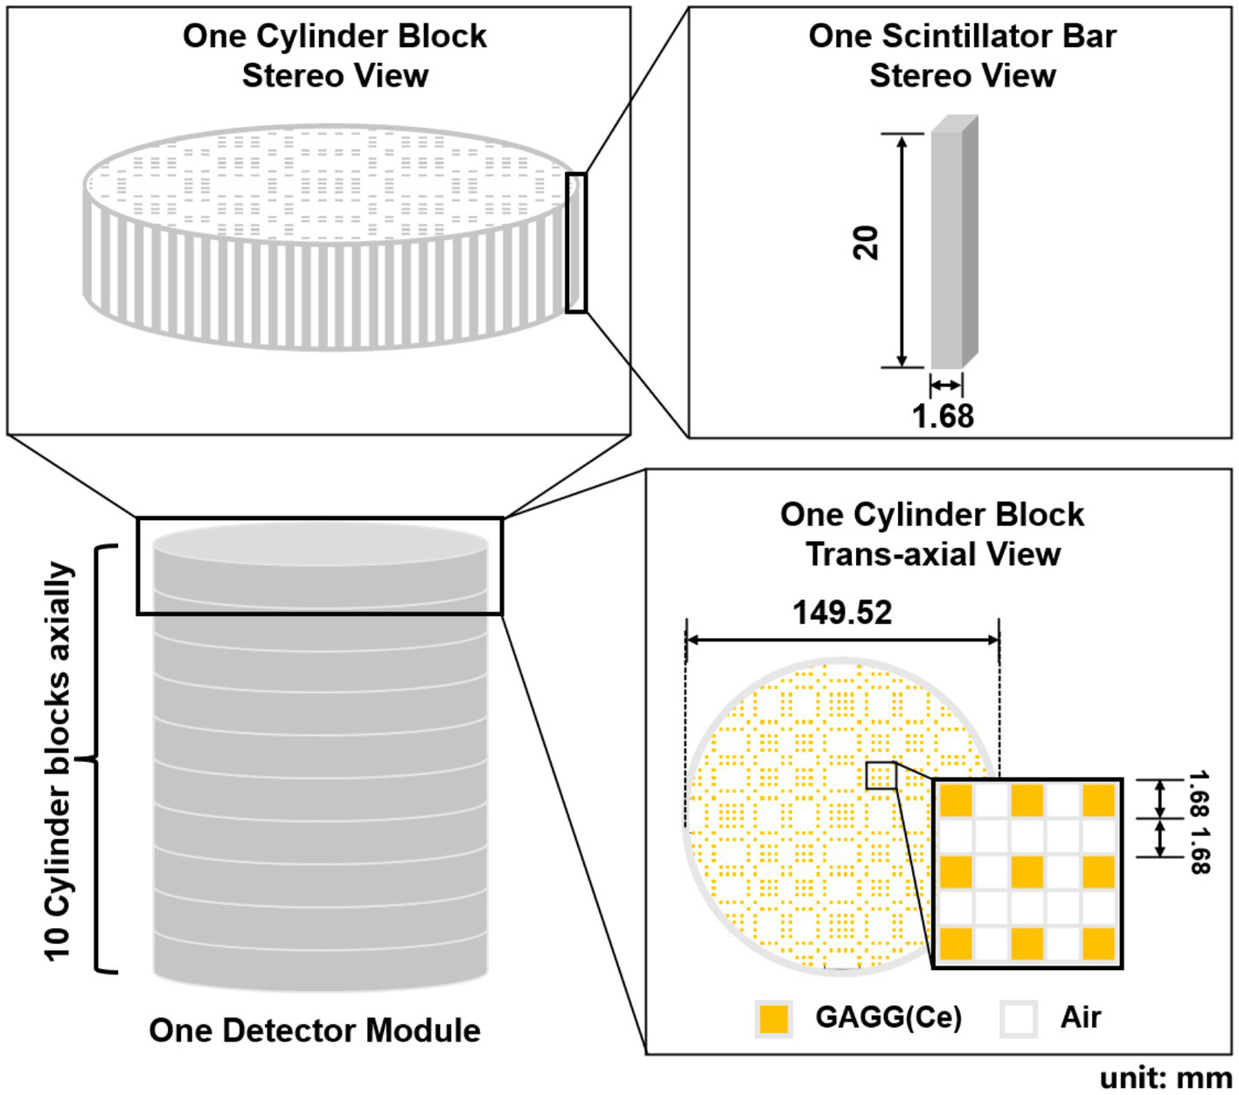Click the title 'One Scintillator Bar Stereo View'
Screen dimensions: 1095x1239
tap(962, 55)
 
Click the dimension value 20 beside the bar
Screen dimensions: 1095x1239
tap(866, 243)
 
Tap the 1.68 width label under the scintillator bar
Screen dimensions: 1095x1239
tap(943, 416)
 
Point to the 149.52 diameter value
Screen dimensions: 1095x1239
tap(842, 613)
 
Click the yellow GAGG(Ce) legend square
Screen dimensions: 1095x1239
tap(774, 1018)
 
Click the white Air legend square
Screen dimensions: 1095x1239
tap(1019, 1018)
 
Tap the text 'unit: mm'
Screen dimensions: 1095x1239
tap(1166, 1078)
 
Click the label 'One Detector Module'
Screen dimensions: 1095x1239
tap(315, 1030)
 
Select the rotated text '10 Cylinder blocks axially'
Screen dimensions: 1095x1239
tap(59, 760)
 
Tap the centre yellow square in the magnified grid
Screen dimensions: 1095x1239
tap(1027, 872)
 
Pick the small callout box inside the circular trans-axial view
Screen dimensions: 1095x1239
tap(881, 775)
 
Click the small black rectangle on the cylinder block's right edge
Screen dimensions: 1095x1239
tap(575, 243)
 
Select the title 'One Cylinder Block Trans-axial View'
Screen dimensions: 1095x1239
tap(932, 534)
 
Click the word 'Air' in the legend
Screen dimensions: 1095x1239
tap(1080, 1018)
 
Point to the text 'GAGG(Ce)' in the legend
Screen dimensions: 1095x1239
tap(888, 1018)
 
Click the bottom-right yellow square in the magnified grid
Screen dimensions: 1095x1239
tap(1099, 944)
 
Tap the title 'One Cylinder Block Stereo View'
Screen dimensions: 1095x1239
tap(335, 55)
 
